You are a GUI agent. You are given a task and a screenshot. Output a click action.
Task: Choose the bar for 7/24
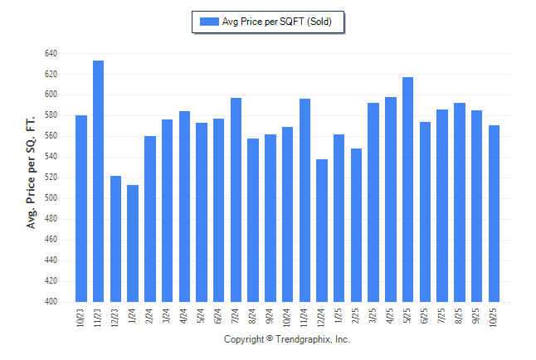pyautogui.click(x=236, y=199)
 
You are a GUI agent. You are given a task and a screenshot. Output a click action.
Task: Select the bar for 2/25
pyautogui.click(x=356, y=225)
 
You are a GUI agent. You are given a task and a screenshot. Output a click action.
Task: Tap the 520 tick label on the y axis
pyautogui.click(x=51, y=178)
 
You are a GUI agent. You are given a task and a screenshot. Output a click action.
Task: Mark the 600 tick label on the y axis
pyautogui.click(x=51, y=95)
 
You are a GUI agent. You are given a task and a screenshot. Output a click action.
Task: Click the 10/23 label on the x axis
pyautogui.click(x=81, y=316)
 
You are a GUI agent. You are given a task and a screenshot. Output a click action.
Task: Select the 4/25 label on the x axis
pyautogui.click(x=391, y=316)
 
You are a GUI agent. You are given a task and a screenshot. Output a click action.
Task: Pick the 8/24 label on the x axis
pyautogui.click(x=253, y=316)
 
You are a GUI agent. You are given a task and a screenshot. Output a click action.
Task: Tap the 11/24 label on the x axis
pyautogui.click(x=305, y=316)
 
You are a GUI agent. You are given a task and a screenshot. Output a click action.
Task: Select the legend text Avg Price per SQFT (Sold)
pyautogui.click(x=277, y=22)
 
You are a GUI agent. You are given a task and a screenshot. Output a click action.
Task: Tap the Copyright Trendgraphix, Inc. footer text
pyautogui.click(x=287, y=339)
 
